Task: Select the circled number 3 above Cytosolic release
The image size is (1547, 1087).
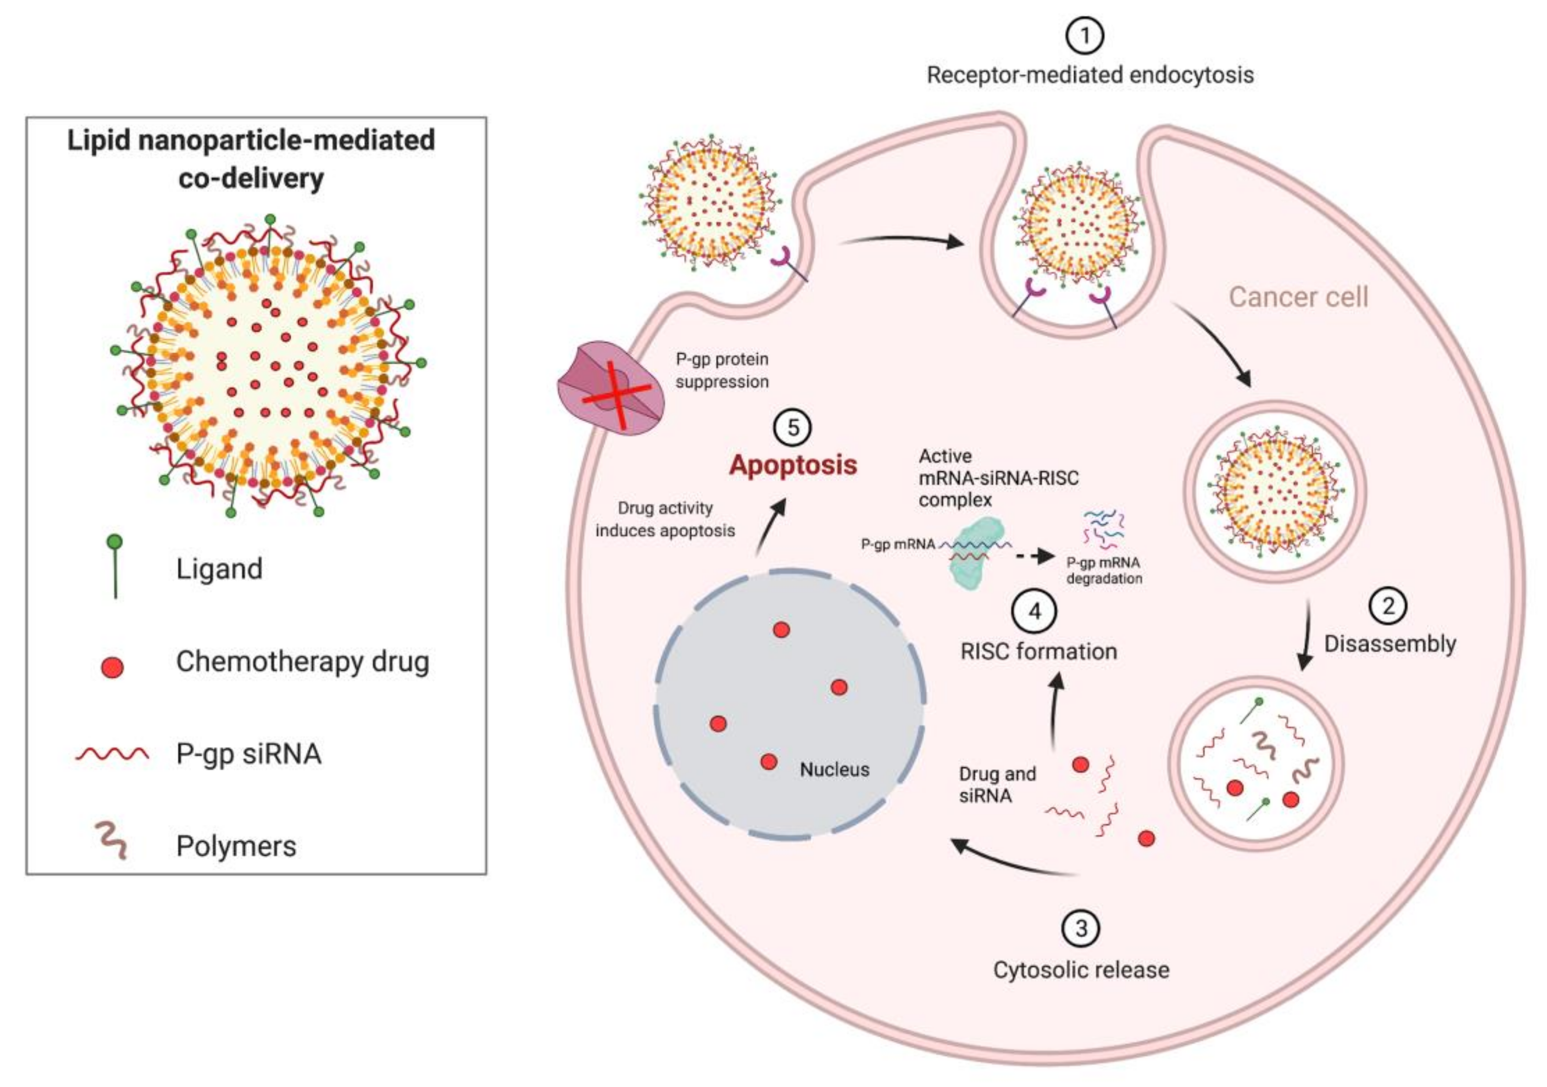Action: (1081, 928)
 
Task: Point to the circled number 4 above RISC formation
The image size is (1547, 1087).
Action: (1034, 612)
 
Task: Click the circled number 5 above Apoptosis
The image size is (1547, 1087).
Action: (792, 428)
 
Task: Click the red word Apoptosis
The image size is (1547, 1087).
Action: (792, 465)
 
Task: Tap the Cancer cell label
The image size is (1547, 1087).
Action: (1298, 297)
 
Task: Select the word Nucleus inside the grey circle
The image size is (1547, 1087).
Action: (834, 769)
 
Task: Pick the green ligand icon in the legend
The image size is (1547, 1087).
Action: (115, 566)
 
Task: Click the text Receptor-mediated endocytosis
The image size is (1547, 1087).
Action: (1089, 75)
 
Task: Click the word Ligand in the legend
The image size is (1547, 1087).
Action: (219, 569)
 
